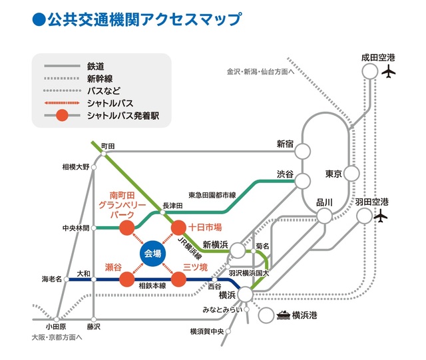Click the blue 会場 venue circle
(x=153, y=254)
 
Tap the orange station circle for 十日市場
(x=178, y=228)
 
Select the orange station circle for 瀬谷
(x=127, y=279)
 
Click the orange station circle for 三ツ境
(x=178, y=279)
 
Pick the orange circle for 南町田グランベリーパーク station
(x=126, y=228)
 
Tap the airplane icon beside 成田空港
(x=389, y=71)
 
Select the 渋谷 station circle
(x=304, y=180)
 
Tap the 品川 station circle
(x=324, y=216)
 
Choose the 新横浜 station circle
(x=238, y=250)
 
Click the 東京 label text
(x=333, y=174)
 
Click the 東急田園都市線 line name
(x=212, y=195)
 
